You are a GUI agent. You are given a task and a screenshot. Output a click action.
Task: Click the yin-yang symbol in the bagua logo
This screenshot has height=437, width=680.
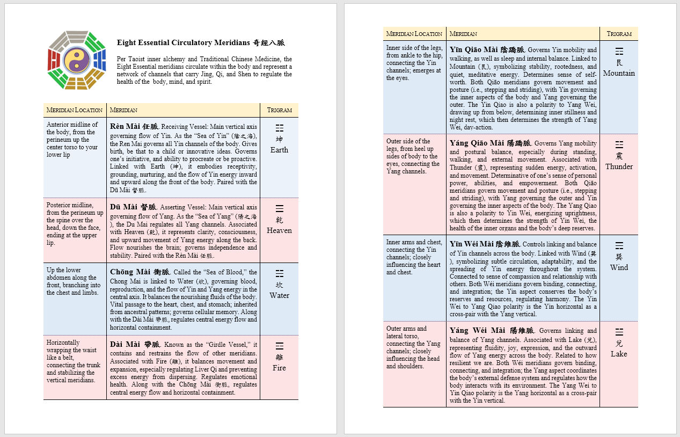[77, 60]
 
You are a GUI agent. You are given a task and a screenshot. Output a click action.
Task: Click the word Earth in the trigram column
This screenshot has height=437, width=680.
[279, 150]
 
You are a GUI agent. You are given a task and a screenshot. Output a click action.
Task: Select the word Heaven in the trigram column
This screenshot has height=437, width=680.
[279, 230]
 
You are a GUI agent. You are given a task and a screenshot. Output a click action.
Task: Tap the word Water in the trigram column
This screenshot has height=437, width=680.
[279, 295]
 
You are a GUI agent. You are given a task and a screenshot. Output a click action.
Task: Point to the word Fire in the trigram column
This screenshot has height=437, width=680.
[279, 368]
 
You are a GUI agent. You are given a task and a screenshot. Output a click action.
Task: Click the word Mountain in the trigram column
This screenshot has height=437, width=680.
[619, 73]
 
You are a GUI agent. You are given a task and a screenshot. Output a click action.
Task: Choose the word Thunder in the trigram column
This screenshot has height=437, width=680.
[619, 166]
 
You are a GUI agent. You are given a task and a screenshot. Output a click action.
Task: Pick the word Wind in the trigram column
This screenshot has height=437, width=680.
[619, 267]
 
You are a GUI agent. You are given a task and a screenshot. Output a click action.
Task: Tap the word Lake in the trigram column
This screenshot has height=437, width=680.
[619, 354]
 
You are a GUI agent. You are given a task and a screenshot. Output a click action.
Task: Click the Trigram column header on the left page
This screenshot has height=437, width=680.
[279, 110]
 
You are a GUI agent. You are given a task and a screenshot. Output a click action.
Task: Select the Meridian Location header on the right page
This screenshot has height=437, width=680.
[414, 34]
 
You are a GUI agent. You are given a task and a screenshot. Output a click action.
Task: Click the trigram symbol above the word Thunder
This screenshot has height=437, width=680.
[619, 145]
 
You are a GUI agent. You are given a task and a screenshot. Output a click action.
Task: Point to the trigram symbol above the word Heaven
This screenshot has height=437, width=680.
[279, 209]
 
